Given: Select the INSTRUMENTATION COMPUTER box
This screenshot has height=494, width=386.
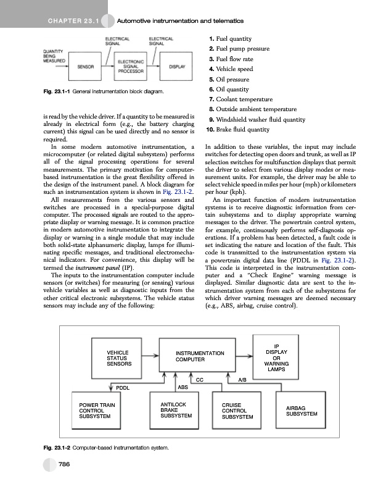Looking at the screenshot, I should tap(199, 356).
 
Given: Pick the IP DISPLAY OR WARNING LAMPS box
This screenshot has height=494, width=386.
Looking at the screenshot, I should tap(276, 356).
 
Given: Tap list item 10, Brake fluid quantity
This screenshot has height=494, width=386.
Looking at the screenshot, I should tap(240, 130).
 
